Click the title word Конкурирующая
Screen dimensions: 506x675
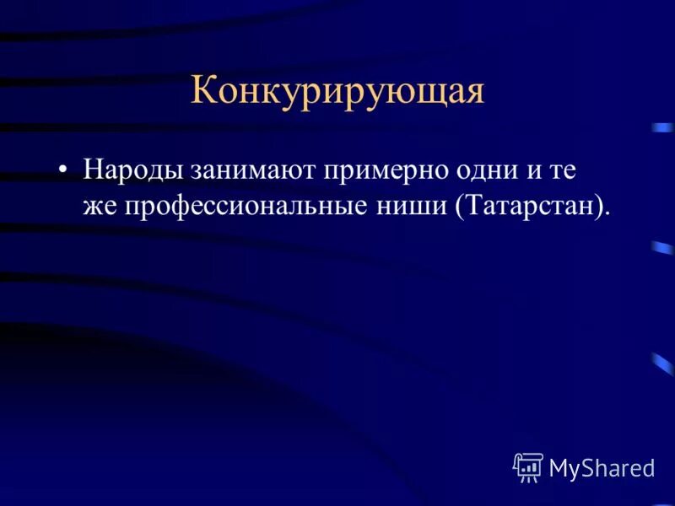337,90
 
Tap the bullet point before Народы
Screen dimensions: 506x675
63,170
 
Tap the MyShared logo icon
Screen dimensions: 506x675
528,466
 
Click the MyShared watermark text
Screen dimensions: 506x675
602,467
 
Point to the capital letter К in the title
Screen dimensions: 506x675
202,90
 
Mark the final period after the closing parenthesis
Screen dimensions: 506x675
607,213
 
